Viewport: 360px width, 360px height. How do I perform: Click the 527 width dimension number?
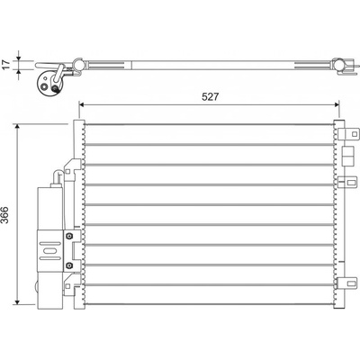pyautogui.click(x=210, y=96)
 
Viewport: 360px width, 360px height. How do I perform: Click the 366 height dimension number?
pyautogui.click(x=5, y=214)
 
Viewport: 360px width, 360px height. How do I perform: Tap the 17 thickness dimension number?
pyautogui.click(x=6, y=65)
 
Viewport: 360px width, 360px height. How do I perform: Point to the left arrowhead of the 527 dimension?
pyautogui.click(x=82, y=104)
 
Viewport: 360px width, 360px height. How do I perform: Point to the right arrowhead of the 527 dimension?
pyautogui.click(x=336, y=104)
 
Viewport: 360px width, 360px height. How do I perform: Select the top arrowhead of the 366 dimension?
pyautogui.click(x=18, y=127)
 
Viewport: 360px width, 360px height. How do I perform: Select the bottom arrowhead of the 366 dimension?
pyautogui.click(x=18, y=301)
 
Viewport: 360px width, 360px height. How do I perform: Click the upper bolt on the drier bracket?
pyautogui.click(x=69, y=236)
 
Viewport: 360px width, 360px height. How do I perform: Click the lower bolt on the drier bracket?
pyautogui.click(x=69, y=265)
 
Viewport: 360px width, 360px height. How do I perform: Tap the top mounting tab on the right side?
pyautogui.click(x=348, y=133)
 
